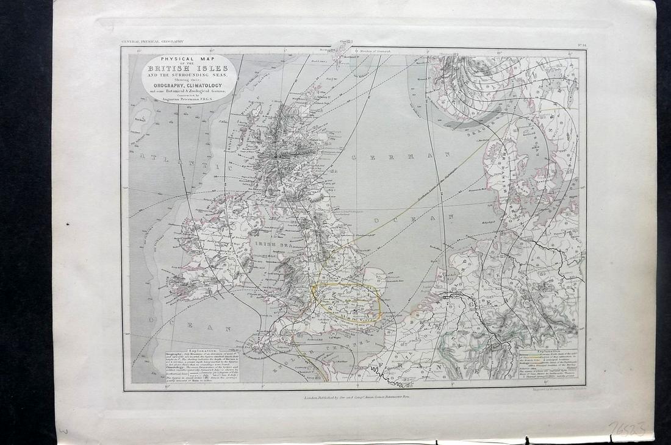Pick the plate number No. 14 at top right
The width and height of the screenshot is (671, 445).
(580, 43)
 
